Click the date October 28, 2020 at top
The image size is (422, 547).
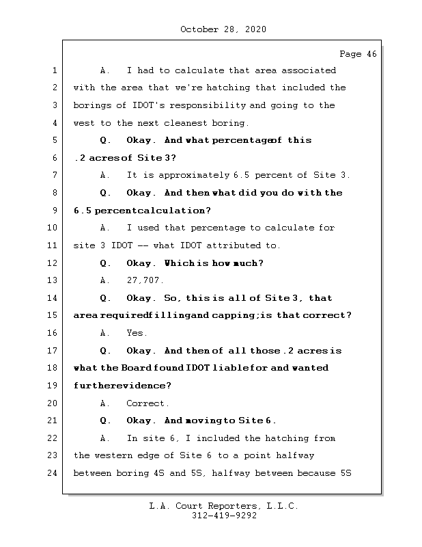pyautogui.click(x=223, y=29)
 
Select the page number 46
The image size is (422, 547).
pyautogui.click(x=372, y=54)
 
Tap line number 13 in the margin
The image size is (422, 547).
pyautogui.click(x=52, y=280)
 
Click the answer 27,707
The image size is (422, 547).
pyautogui.click(x=145, y=280)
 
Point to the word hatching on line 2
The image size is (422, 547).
pyautogui.click(x=228, y=88)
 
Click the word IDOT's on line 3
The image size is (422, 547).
pyautogui.click(x=148, y=105)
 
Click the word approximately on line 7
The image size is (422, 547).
pyautogui.click(x=194, y=176)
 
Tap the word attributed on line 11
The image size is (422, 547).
pyautogui.click(x=234, y=245)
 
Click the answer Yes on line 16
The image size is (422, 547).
pyautogui.click(x=135, y=333)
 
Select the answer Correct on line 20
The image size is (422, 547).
pyautogui.click(x=145, y=403)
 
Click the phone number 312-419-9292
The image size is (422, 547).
pyautogui.click(x=224, y=516)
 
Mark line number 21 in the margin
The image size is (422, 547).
pyautogui.click(x=52, y=421)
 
